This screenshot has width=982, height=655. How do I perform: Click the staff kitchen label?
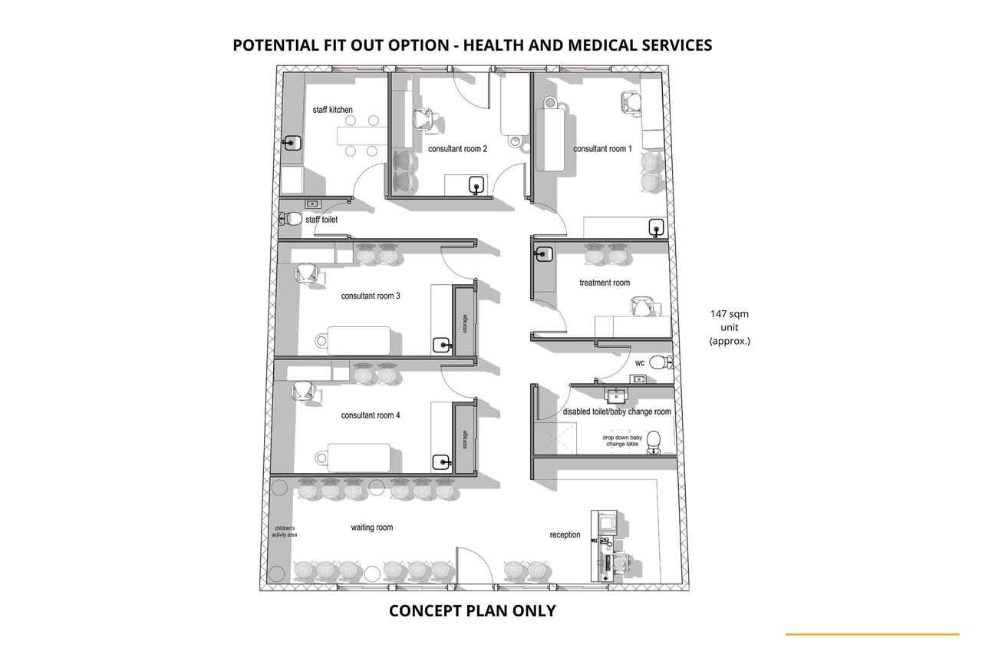[x=332, y=110]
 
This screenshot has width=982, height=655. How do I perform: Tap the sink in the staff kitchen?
[x=292, y=143]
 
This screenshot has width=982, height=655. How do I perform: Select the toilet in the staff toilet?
[x=291, y=219]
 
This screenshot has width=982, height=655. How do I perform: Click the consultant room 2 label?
[x=457, y=149]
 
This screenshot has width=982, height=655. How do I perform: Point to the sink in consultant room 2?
[x=476, y=185]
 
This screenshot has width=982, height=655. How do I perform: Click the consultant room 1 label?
[x=602, y=149]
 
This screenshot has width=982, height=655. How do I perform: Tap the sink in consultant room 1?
[x=656, y=228]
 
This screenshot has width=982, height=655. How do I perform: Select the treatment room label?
[x=605, y=283]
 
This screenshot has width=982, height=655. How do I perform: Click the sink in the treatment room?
[x=544, y=254]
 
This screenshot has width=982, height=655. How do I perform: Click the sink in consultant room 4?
[x=441, y=462]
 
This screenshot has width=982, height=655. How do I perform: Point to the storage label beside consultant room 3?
[x=465, y=323]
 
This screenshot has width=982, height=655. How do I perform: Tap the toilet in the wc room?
[x=660, y=362]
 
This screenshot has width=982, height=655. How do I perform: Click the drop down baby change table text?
[x=622, y=441]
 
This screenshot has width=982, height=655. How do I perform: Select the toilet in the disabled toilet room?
[x=654, y=442]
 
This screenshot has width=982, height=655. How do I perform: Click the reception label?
[x=565, y=534]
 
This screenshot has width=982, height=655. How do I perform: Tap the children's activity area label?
[x=285, y=531]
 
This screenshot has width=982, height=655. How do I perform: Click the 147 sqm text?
[x=730, y=314]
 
